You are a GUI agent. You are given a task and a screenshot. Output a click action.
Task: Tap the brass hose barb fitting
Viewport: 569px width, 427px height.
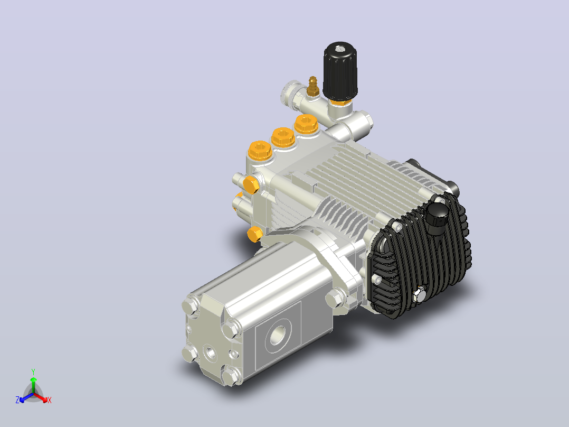pyautogui.click(x=312, y=87)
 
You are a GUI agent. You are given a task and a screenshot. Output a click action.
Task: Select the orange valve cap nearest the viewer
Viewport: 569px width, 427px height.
pyautogui.click(x=260, y=151)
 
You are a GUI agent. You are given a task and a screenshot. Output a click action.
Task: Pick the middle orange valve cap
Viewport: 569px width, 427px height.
pyautogui.click(x=283, y=137)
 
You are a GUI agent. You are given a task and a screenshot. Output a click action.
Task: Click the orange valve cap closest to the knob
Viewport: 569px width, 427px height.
pyautogui.click(x=306, y=124)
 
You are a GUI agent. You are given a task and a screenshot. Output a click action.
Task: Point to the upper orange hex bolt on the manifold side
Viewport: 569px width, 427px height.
pyautogui.click(x=251, y=185)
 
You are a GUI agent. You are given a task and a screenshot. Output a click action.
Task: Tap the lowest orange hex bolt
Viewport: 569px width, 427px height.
pyautogui.click(x=255, y=234)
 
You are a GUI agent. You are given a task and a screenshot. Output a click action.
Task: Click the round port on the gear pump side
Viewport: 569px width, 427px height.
pyautogui.click(x=278, y=335)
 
